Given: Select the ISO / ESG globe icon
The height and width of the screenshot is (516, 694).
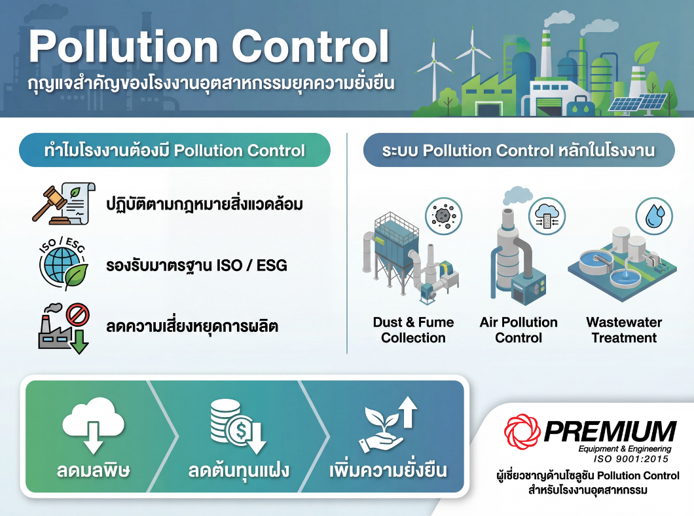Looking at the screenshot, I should click(63, 265).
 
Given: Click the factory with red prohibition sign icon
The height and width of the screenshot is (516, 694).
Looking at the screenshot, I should click(63, 326).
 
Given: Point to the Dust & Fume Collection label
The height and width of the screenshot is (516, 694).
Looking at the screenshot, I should click(413, 330).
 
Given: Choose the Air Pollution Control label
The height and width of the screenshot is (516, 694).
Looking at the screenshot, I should click(519, 330).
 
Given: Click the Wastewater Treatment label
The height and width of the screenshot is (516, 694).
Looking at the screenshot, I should click(623, 330).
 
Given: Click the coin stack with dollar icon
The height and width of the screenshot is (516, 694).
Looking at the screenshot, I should click(238, 426).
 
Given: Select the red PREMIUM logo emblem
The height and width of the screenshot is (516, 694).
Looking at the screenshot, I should click(522, 432).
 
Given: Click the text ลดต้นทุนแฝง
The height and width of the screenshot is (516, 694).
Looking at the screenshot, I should click(238, 470).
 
